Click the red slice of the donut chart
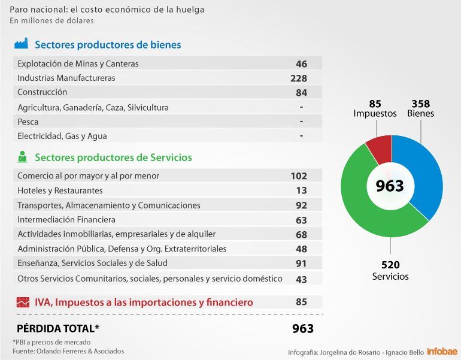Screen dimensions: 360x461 pyautogui.click(x=380, y=148)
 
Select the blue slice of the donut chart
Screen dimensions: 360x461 pyautogui.click(x=426, y=180)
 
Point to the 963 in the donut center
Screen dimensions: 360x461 pyautogui.click(x=390, y=186)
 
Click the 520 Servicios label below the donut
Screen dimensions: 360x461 pyautogui.click(x=390, y=270)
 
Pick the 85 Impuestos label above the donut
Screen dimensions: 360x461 pyautogui.click(x=375, y=108)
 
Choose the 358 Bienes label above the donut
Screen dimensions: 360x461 pyautogui.click(x=420, y=108)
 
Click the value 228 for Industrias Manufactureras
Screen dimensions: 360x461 pyautogui.click(x=298, y=78)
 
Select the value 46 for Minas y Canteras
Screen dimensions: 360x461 pyautogui.click(x=301, y=63)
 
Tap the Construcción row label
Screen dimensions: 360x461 pyautogui.click(x=42, y=92)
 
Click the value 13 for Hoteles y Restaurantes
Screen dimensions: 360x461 pyautogui.click(x=301, y=190)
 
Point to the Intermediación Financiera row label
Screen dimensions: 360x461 pyautogui.click(x=66, y=220)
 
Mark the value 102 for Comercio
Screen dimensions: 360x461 pyautogui.click(x=298, y=176)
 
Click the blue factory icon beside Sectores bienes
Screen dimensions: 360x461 pyautogui.click(x=22, y=44)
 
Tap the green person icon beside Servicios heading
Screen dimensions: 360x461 pyautogui.click(x=22, y=157)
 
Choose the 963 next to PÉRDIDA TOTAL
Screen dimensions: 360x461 pyautogui.click(x=302, y=328)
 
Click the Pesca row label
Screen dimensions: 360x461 pyautogui.click(x=28, y=122)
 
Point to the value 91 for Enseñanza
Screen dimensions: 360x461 pyautogui.click(x=301, y=264)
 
